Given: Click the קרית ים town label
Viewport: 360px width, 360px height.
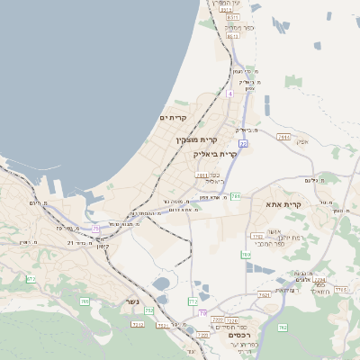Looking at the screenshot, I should click(172, 118).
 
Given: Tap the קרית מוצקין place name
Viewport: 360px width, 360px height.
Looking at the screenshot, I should click(198, 139).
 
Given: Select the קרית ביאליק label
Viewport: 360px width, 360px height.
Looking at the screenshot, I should click(215, 154).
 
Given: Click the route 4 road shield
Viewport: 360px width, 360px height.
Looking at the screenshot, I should click(230, 93).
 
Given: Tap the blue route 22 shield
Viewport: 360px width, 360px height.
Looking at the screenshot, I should click(243, 143).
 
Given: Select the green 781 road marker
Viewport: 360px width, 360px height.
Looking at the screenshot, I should click(236, 195).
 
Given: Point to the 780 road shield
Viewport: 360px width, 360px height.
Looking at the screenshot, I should click(246, 255).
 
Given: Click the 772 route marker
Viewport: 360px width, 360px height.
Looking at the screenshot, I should click(193, 301).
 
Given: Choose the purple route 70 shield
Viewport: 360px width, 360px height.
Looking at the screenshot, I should click(203, 312).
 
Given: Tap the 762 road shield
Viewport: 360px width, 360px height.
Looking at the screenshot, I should click(282, 326).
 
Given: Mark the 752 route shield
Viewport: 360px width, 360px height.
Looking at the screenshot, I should click(148, 310).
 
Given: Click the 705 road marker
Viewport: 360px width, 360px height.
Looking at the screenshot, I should click(85, 301).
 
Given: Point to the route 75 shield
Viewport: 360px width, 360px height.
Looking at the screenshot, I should click(95, 229).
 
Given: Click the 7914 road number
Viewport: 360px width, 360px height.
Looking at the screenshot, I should click(284, 137).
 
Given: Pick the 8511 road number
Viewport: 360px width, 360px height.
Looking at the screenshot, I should click(232, 17).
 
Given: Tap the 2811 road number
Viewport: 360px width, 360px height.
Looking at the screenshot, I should click(202, 175).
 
